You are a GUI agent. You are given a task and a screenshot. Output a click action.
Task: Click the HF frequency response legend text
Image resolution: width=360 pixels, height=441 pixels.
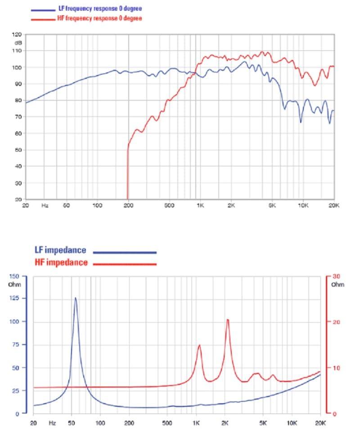click(x=99, y=18)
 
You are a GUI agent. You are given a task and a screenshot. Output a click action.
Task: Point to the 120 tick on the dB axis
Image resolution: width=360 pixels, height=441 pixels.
click(x=17, y=35)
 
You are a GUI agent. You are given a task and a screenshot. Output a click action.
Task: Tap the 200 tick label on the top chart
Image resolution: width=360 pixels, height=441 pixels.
click(x=128, y=206)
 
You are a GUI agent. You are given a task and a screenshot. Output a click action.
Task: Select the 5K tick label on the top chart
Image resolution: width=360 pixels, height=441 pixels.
click(x=271, y=206)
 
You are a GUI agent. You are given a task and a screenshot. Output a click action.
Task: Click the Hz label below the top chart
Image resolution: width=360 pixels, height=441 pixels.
click(x=45, y=206)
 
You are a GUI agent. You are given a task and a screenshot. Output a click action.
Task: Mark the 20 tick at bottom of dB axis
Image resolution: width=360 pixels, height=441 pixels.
click(x=18, y=199)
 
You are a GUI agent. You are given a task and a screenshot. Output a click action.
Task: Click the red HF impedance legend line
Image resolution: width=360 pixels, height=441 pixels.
click(x=125, y=264)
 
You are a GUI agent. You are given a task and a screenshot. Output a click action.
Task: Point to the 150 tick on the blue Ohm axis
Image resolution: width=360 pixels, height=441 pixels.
click(x=15, y=276)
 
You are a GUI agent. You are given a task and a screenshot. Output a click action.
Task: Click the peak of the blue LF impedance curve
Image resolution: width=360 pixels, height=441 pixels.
click(x=75, y=297)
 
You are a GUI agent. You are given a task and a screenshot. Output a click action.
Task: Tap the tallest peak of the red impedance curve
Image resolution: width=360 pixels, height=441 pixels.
click(x=228, y=319)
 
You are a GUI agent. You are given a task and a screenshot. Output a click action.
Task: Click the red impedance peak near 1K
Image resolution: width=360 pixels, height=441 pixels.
click(x=199, y=345)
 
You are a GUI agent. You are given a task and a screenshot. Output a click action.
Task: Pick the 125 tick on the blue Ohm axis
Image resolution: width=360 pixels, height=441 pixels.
click(x=15, y=299)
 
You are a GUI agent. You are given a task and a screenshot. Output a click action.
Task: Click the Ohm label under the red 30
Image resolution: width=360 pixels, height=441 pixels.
click(x=337, y=284)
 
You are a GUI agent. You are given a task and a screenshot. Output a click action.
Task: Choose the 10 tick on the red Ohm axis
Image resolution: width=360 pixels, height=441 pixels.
click(x=334, y=368)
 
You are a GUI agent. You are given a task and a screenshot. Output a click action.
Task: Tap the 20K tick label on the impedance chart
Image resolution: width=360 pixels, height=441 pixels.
click(x=320, y=423)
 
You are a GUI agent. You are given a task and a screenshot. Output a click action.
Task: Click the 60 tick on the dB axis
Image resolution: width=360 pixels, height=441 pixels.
click(x=18, y=134)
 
